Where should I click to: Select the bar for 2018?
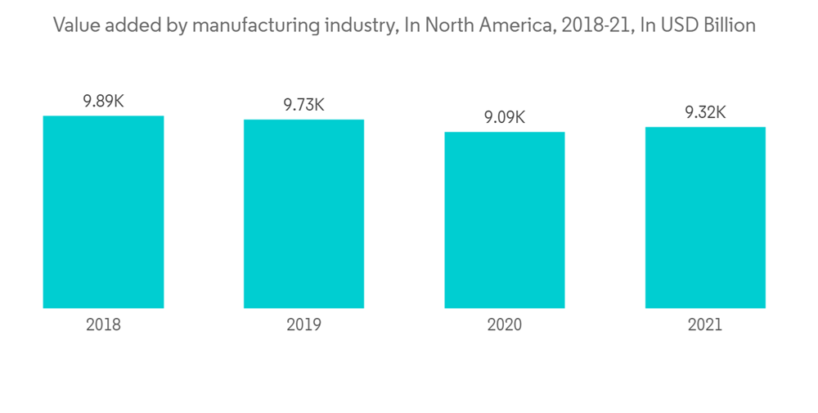point(103,211)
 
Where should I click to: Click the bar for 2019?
point(303,214)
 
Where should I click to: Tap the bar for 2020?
point(505,220)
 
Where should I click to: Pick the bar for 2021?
point(705,217)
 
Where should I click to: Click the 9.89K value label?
point(103,102)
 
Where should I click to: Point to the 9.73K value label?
point(303,106)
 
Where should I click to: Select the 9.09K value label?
point(505,118)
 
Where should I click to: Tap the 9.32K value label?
point(705,113)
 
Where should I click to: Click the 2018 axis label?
point(103,324)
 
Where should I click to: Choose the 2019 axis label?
point(303,324)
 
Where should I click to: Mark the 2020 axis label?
point(505,324)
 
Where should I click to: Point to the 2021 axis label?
point(705,324)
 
